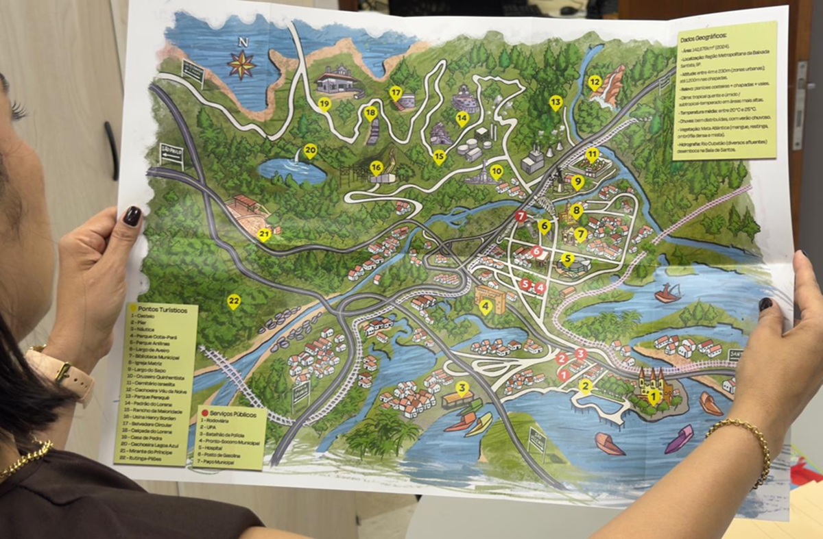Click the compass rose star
click(241, 66)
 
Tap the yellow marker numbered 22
click(234, 301)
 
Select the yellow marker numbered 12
click(595, 84)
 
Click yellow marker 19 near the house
click(324, 104)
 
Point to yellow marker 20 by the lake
click(310, 151)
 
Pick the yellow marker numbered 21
click(265, 235)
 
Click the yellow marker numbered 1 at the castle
click(653, 396)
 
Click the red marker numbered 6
click(536, 251)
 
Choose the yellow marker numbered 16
click(376, 167)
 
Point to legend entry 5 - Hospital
click(220, 444)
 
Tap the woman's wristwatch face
click(62, 373)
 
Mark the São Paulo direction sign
click(171, 155)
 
